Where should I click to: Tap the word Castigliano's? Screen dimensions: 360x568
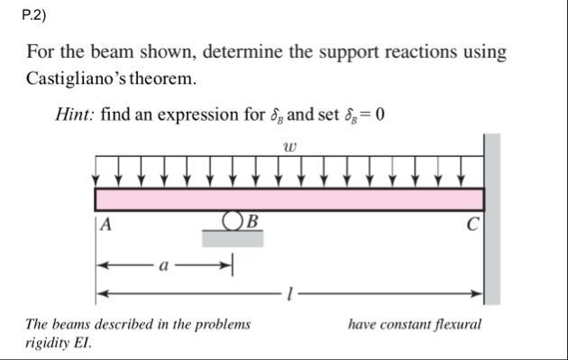click(78, 78)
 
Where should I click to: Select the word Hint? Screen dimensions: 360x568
click(74, 116)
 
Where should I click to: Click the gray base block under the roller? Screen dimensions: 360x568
click(233, 238)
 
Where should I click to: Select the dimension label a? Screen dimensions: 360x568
click(163, 267)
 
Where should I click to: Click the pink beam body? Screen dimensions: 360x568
click(289, 198)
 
